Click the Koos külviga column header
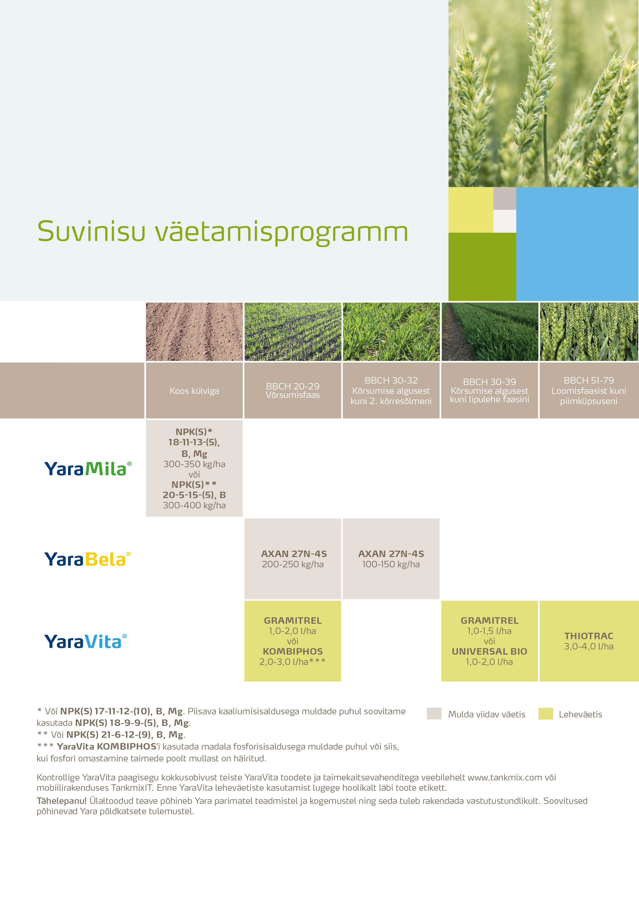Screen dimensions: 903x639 click(194, 390)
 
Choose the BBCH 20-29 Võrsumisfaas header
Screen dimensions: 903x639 click(292, 390)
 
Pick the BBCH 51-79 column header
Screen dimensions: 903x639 click(588, 390)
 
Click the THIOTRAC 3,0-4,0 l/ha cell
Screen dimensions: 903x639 click(588, 641)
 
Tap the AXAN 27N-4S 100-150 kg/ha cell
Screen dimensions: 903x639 click(391, 559)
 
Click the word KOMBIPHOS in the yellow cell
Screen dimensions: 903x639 click(292, 651)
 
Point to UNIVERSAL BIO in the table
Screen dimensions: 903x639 click(489, 651)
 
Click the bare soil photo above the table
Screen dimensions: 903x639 click(194, 332)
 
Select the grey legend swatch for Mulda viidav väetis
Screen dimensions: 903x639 click(434, 714)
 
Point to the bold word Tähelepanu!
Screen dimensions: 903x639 click(61, 801)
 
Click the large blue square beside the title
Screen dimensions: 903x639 click(577, 244)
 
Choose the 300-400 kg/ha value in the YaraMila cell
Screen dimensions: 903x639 click(194, 505)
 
